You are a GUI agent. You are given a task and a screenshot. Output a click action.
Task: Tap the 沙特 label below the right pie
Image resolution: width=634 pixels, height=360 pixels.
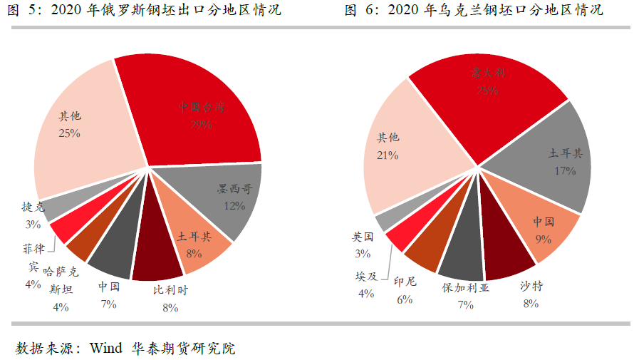[531, 287]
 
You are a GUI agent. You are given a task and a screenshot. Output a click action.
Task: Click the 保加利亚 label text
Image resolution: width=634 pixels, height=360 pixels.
[466, 288]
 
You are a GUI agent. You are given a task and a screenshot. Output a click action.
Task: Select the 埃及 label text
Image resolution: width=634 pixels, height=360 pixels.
[366, 276]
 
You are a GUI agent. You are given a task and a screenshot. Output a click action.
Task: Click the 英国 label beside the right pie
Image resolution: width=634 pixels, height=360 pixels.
[363, 237]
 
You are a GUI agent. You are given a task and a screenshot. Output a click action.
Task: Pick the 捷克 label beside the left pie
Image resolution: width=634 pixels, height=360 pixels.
[33, 207]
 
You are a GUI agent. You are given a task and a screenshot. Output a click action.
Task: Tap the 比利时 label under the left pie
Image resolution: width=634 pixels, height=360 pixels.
[170, 291]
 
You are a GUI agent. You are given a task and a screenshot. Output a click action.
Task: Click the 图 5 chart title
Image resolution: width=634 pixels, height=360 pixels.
[142, 10]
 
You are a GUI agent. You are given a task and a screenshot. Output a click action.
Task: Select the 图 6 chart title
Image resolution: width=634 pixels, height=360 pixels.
[473, 10]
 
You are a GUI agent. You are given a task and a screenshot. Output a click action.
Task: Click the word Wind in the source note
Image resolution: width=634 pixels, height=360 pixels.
[107, 349]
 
